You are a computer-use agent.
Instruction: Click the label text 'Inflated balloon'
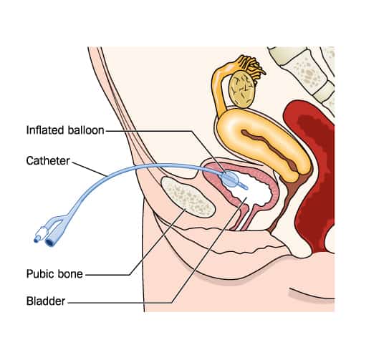coord(65,130)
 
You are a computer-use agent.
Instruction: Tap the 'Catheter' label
coord(48,161)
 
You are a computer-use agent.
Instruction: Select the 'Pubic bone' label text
coord(54,274)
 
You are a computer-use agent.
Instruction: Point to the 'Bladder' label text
coord(46,301)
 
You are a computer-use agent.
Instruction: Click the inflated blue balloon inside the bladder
coord(230,178)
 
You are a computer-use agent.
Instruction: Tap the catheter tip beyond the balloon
coord(244,185)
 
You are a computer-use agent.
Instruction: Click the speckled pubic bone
coord(188,197)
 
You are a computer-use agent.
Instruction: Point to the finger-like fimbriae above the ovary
coord(251,65)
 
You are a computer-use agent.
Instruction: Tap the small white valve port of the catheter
coord(40,235)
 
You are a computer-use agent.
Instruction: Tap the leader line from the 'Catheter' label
coord(90,169)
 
